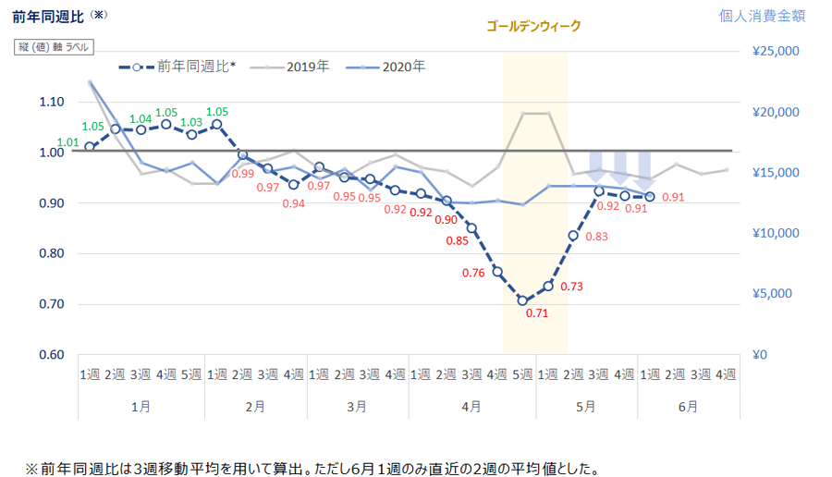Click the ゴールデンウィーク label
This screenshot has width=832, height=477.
click(534, 26)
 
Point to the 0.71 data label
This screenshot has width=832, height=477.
click(537, 313)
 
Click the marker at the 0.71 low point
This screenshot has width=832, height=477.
click(522, 300)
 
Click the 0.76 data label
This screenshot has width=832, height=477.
click(474, 273)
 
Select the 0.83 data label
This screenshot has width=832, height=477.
click(596, 237)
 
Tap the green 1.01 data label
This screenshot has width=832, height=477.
click(67, 142)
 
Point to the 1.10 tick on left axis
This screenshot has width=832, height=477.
click(52, 102)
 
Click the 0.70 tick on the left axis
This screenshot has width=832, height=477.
click(52, 304)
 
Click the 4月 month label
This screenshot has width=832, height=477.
click(471, 406)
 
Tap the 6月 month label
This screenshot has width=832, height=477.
click(686, 406)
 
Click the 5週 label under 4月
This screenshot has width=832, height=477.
click(522, 374)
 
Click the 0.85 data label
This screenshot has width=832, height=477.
click(457, 242)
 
